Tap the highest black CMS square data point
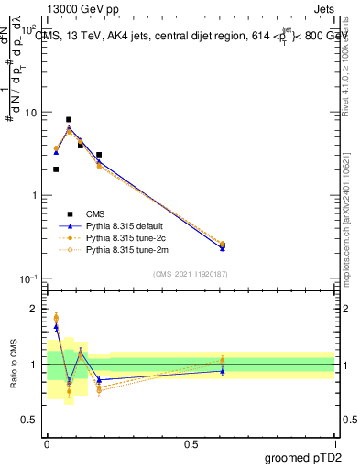click(x=69, y=119)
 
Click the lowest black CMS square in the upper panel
click(x=56, y=169)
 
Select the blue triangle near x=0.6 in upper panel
click(x=223, y=248)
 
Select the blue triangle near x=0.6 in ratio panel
click(x=223, y=370)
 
